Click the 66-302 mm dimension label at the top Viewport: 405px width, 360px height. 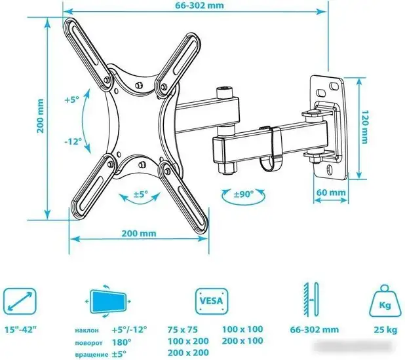pyautogui.click(x=200, y=5)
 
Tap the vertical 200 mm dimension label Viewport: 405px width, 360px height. pyautogui.click(x=40, y=115)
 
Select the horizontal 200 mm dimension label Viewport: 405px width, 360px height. pyautogui.click(x=139, y=233)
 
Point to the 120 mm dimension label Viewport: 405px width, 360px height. pyautogui.click(x=364, y=127)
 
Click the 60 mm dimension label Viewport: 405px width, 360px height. pyautogui.click(x=331, y=192)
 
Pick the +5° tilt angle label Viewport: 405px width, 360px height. pyautogui.click(x=71, y=99)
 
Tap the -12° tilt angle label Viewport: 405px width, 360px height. pyautogui.click(x=73, y=141)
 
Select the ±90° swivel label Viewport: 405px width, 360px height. pyautogui.click(x=244, y=194)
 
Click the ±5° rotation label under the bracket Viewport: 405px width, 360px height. pyautogui.click(x=141, y=194)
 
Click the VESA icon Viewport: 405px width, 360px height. pyautogui.click(x=212, y=301)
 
